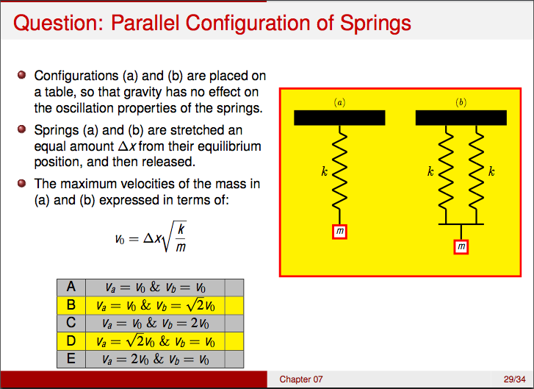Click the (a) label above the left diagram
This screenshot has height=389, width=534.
(339, 102)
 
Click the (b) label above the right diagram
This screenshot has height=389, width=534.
(461, 102)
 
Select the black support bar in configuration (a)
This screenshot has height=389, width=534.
(339, 118)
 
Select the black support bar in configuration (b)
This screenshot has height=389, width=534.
(461, 118)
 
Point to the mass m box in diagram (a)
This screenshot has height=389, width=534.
(339, 232)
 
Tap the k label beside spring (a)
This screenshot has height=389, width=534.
(324, 172)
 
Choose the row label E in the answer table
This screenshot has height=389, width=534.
(71, 359)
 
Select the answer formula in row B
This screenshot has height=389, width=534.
(155, 305)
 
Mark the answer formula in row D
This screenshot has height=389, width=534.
(155, 341)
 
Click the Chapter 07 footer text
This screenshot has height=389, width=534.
(300, 379)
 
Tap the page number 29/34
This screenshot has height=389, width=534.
(513, 379)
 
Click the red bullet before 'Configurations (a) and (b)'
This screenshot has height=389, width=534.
(21, 75)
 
